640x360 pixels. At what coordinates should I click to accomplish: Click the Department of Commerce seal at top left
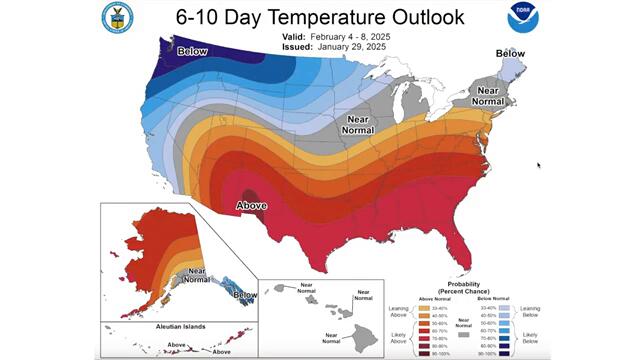coord(117,18)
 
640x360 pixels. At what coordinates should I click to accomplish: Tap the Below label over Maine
coord(511,53)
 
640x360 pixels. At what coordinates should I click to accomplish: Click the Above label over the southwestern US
coord(250,205)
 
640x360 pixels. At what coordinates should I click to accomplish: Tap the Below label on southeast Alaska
coord(244,295)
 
